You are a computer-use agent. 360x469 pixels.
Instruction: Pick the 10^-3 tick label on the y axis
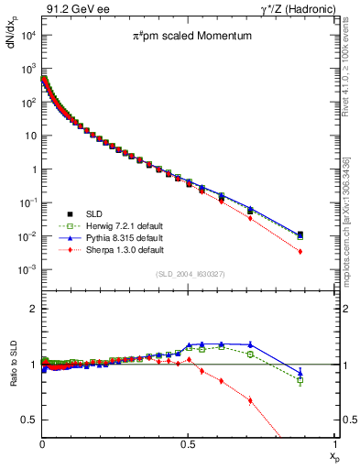tap(27, 270)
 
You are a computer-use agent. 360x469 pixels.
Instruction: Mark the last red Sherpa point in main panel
tap(327, 252)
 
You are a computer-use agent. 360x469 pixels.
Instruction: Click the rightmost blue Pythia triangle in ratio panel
tap(327, 372)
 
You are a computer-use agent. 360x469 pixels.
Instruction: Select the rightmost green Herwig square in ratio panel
tap(327, 379)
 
